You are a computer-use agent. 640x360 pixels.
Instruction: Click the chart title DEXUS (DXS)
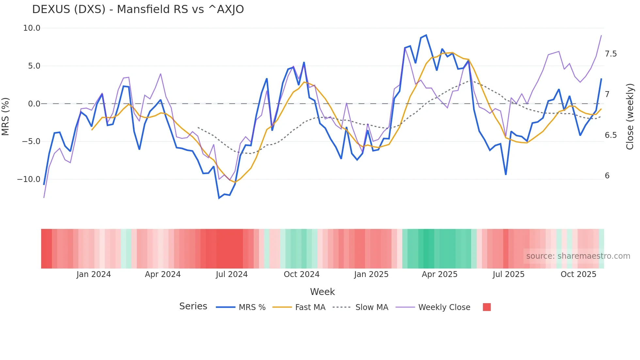(x=138, y=9)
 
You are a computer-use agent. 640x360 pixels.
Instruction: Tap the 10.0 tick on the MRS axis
(x=32, y=28)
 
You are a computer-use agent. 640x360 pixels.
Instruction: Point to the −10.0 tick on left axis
(x=29, y=179)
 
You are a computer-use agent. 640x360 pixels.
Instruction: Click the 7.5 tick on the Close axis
(x=611, y=54)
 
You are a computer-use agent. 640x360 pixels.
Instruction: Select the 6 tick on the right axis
(x=607, y=176)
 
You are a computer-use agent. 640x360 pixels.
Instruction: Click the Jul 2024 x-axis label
(x=232, y=274)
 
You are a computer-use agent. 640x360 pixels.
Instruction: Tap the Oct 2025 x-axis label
(x=578, y=274)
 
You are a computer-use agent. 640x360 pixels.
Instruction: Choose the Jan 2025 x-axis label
(x=371, y=274)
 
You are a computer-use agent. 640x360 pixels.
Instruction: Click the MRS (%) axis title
(x=5, y=116)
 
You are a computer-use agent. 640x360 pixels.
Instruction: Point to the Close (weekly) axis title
(x=630, y=116)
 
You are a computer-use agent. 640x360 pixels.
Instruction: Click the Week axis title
(x=322, y=292)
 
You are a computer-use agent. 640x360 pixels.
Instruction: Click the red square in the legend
(x=487, y=307)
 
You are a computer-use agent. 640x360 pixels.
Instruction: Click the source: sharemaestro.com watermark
(x=578, y=256)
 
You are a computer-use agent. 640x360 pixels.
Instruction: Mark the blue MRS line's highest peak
(x=426, y=35)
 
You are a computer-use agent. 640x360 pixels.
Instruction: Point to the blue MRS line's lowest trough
(x=219, y=198)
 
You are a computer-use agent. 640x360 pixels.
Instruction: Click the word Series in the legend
(x=193, y=306)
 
